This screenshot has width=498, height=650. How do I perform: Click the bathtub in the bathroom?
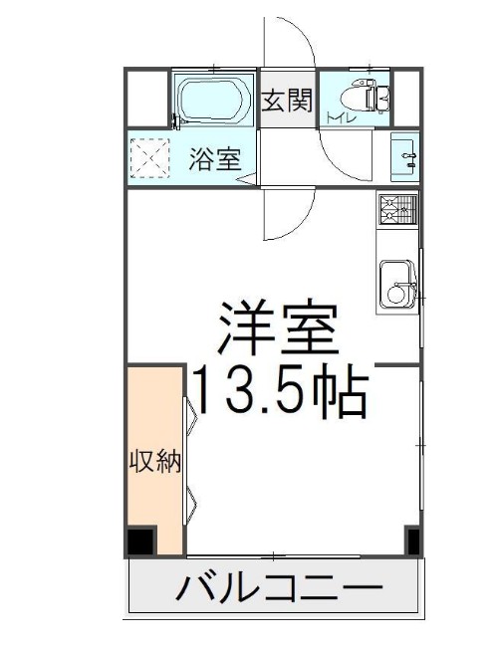click(x=213, y=100)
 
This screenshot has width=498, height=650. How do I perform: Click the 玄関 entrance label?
click(x=288, y=100)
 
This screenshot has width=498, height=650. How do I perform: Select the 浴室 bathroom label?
click(x=215, y=159)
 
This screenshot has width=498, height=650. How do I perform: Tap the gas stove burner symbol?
click(x=398, y=209)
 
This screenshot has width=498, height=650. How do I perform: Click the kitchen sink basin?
click(x=397, y=287)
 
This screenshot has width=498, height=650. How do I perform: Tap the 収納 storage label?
click(x=155, y=462)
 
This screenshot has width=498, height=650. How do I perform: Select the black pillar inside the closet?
click(x=141, y=542)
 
